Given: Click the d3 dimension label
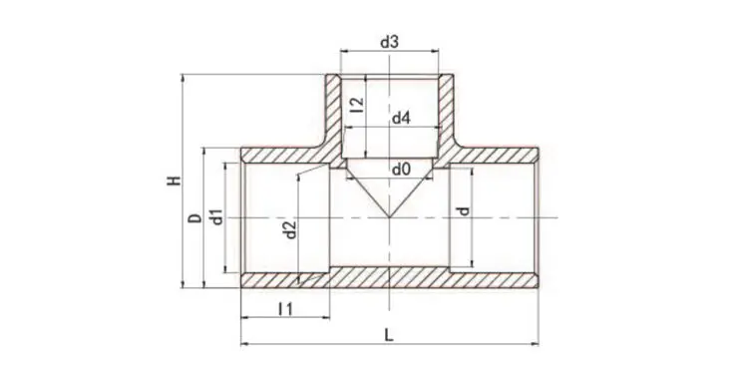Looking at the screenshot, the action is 390,42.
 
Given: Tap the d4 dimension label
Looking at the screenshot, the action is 401,119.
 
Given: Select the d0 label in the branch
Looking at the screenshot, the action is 401,170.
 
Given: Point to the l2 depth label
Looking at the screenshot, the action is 358,105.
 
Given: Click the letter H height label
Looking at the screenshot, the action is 175,181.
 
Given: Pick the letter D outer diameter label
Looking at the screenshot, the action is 194,218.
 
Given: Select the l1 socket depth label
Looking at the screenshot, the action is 285,309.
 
